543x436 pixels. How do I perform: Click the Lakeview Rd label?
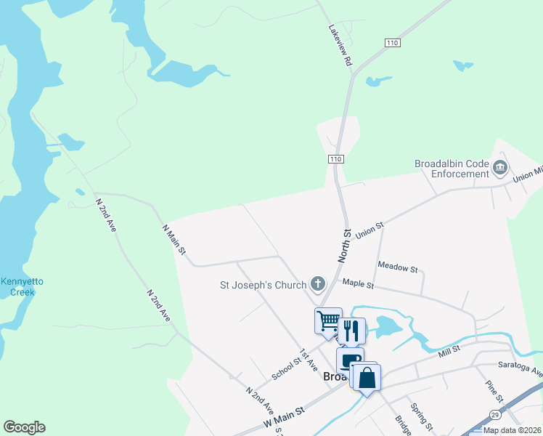[x=340, y=47]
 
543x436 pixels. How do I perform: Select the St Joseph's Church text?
[x=264, y=285]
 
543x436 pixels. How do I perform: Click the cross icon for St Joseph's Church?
[x=317, y=283]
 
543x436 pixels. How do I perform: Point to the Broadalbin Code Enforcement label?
[x=452, y=169]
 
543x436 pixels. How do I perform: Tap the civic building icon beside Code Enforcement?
[x=500, y=169]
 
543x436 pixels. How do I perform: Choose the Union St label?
[x=370, y=230]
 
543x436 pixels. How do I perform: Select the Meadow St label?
[x=398, y=268]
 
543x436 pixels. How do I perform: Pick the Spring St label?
[x=420, y=416]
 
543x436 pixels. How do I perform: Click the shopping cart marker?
[x=328, y=320]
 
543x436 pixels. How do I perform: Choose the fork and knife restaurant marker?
[x=351, y=331]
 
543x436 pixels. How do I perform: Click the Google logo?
[x=24, y=427]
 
